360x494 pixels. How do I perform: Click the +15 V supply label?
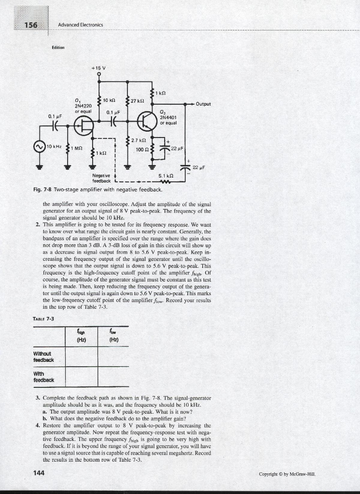100,67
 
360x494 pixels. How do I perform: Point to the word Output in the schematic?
205,103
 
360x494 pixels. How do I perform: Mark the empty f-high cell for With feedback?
81,376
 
